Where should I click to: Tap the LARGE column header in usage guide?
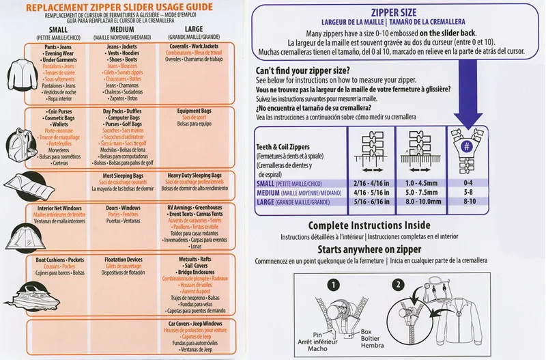[x=193, y=30]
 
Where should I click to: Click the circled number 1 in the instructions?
[x=333, y=283]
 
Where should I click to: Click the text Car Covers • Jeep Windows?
[x=195, y=322]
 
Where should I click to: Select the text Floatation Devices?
[x=121, y=260]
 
